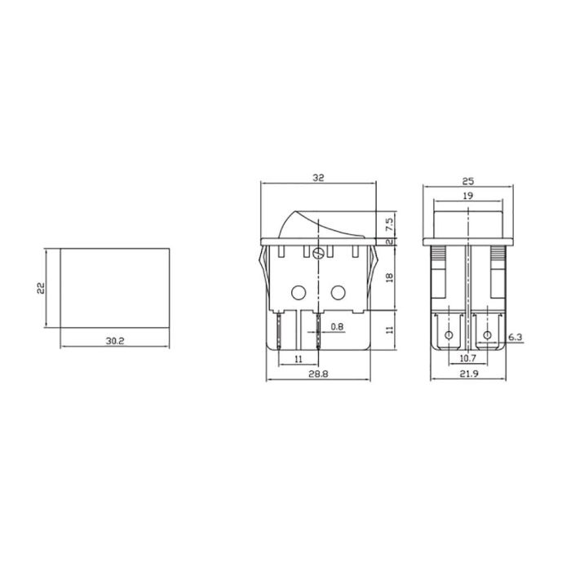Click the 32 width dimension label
tap(318, 175)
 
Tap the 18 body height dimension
tap(389, 277)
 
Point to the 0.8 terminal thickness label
tap(337, 327)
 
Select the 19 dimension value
tap(469, 196)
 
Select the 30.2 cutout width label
tap(115, 340)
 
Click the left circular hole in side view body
tap(297, 293)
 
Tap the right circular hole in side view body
tap(339, 293)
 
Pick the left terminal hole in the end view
tap(448, 334)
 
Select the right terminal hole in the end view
tap(488, 334)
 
